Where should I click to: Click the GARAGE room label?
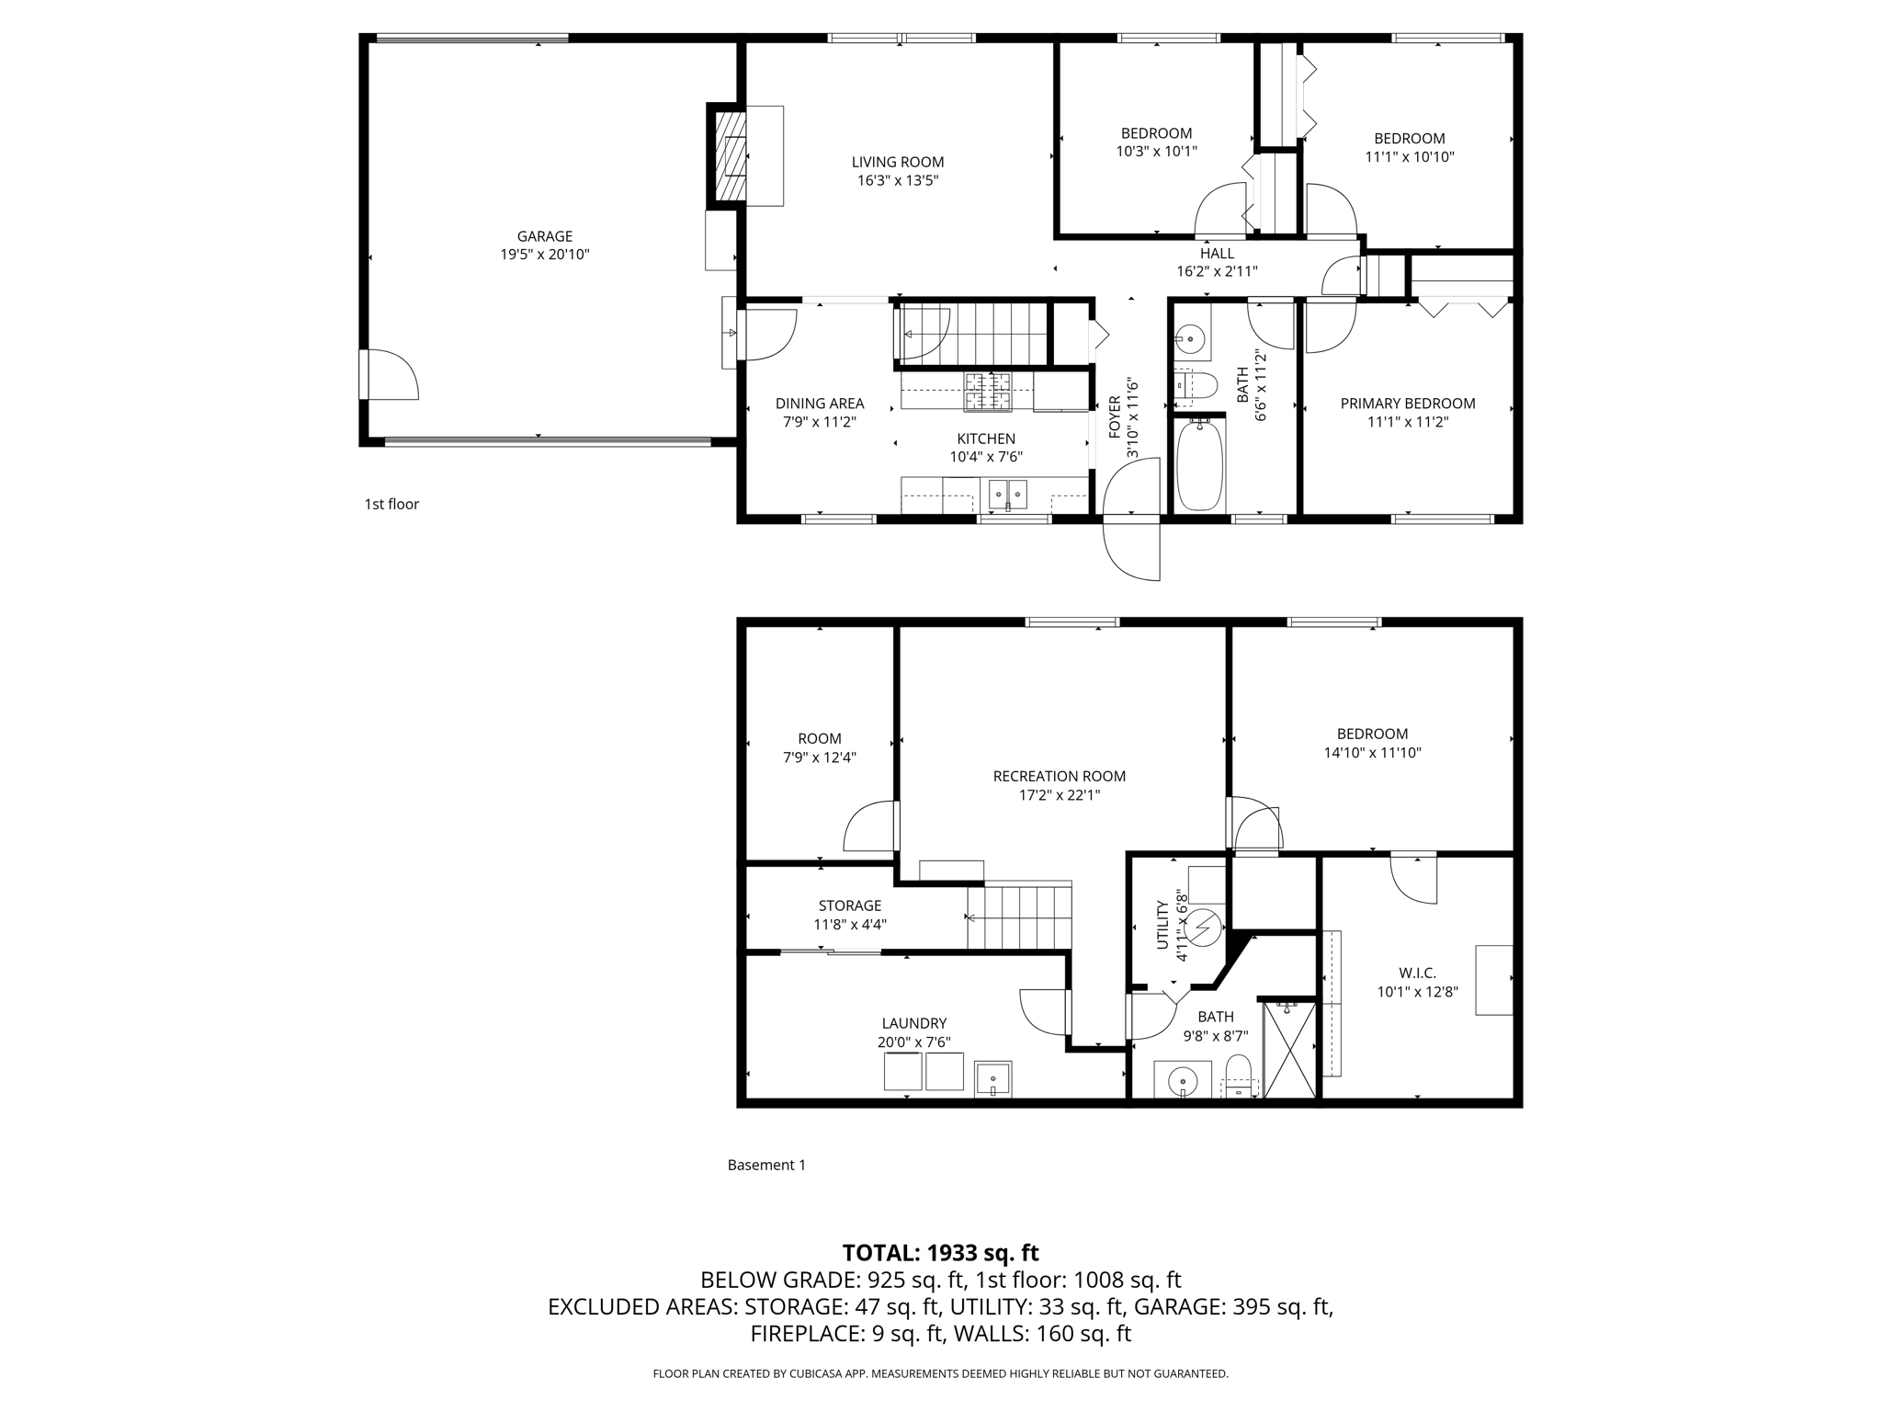click(x=544, y=236)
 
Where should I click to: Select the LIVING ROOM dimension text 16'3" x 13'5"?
click(x=897, y=181)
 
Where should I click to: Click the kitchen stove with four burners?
click(x=986, y=392)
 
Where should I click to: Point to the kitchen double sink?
click(x=1008, y=494)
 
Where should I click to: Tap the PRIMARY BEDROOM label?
click(x=1407, y=404)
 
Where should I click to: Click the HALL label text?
click(x=1217, y=254)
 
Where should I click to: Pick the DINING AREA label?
click(x=819, y=404)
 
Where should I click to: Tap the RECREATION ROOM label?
click(x=1059, y=777)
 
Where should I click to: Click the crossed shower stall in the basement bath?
click(x=1289, y=1050)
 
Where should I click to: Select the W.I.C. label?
click(x=1417, y=973)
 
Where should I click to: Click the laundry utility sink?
click(x=992, y=1078)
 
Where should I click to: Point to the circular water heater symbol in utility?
click(x=1203, y=928)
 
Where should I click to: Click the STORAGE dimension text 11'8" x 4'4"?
click(x=849, y=925)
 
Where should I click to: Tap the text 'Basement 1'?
click(x=766, y=1166)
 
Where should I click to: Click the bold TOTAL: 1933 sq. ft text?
click(x=940, y=1253)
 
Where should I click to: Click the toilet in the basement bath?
click(x=1239, y=1076)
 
